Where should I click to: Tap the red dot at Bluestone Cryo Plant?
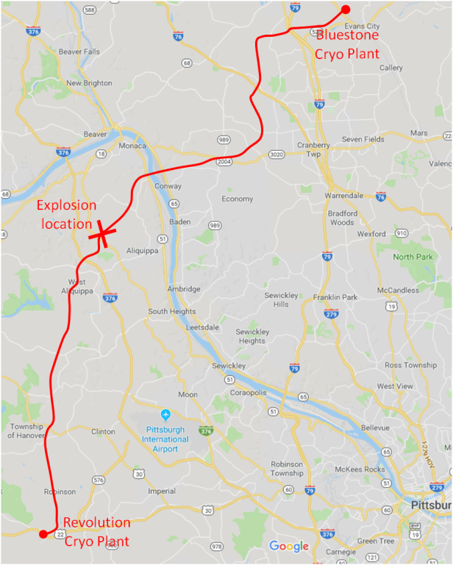(x=344, y=10)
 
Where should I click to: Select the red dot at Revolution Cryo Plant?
(x=43, y=533)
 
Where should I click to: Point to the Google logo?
(x=289, y=546)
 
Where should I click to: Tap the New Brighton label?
(x=89, y=83)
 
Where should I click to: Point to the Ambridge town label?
(x=184, y=289)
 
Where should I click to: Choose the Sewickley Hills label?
(x=282, y=299)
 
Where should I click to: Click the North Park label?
(x=413, y=257)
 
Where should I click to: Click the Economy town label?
(x=237, y=199)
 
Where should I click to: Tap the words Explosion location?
(x=67, y=214)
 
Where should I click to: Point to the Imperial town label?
(x=162, y=491)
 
